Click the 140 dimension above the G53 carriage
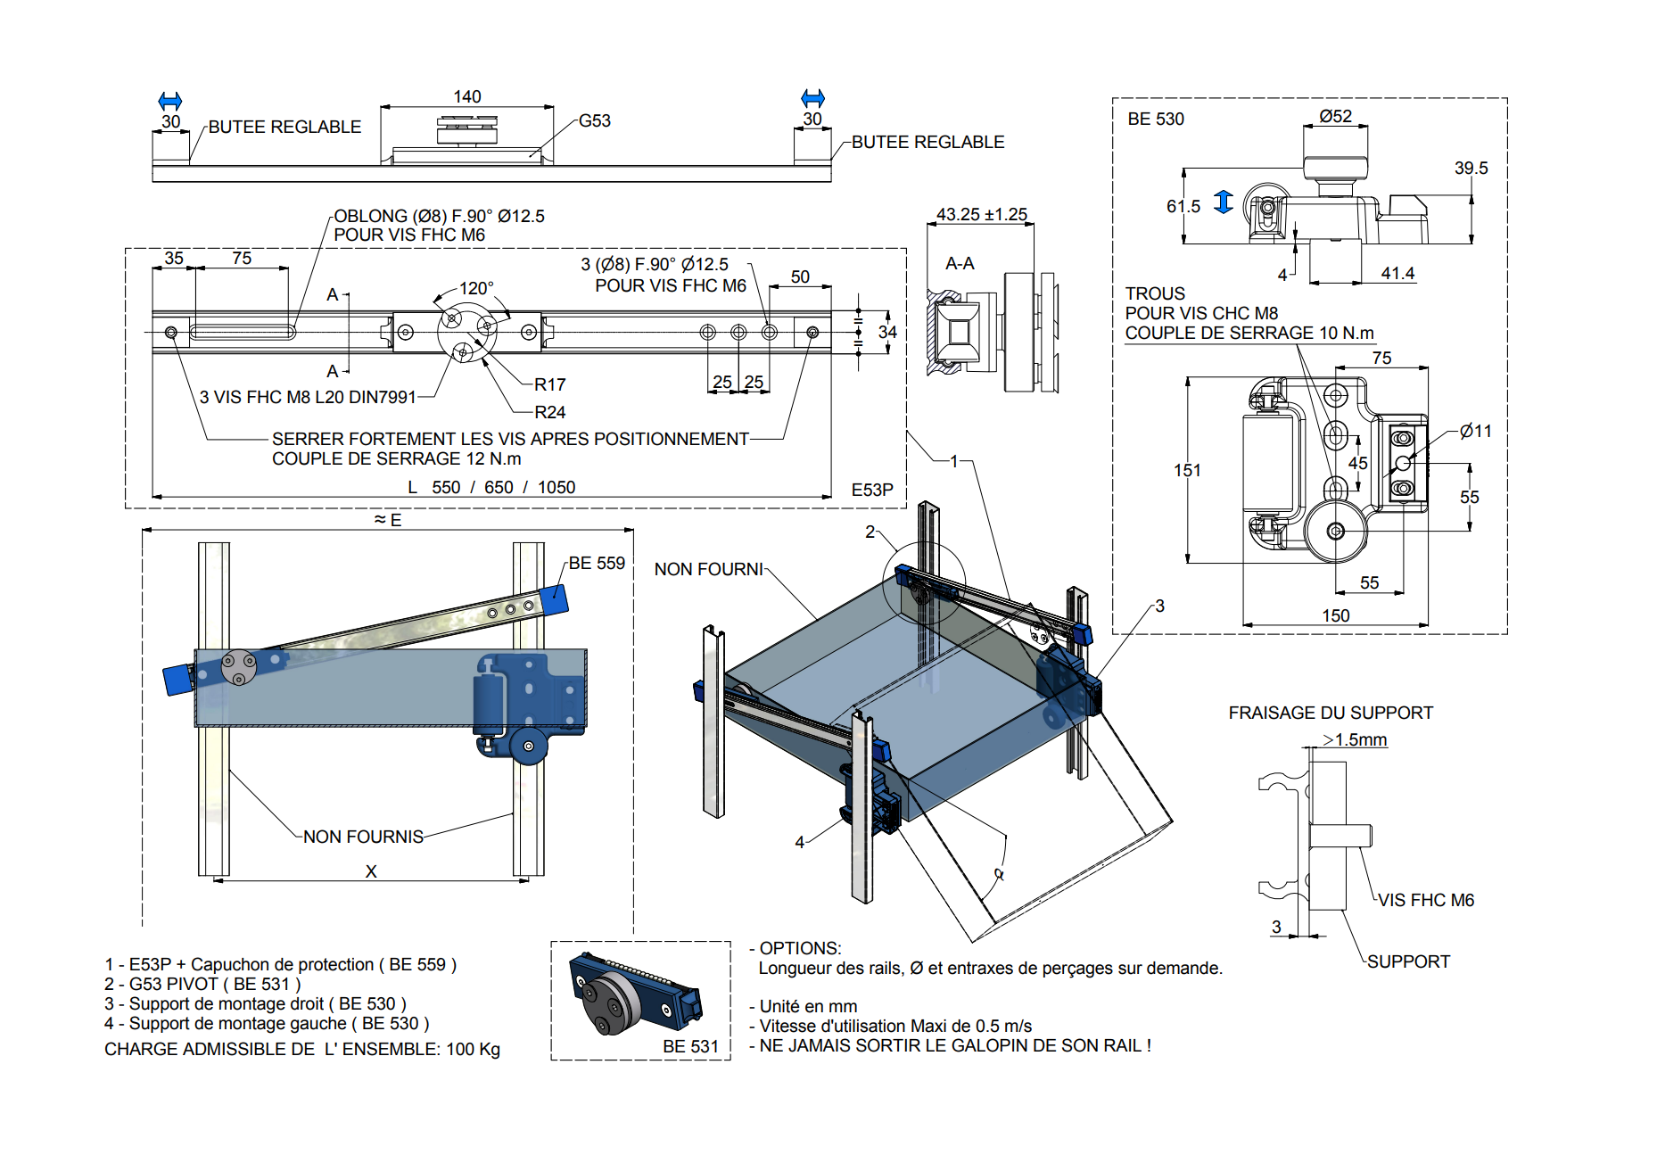click(x=466, y=96)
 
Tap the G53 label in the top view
click(x=594, y=120)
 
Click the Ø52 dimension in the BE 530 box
click(x=1335, y=116)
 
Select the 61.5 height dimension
click(x=1183, y=206)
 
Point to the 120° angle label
click(x=475, y=288)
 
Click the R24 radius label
click(x=549, y=412)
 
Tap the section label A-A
click(x=960, y=263)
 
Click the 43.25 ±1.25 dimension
click(x=981, y=214)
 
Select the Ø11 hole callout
click(x=1475, y=431)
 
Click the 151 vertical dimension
click(x=1186, y=470)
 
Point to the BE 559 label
click(x=597, y=563)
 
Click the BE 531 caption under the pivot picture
click(x=690, y=1046)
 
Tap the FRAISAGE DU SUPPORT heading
click(x=1330, y=713)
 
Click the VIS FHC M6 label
click(x=1425, y=900)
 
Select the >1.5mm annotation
click(x=1355, y=739)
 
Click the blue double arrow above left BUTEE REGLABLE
click(x=169, y=100)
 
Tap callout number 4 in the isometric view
click(x=799, y=842)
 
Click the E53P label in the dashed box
click(x=871, y=490)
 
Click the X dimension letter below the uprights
click(x=371, y=871)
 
